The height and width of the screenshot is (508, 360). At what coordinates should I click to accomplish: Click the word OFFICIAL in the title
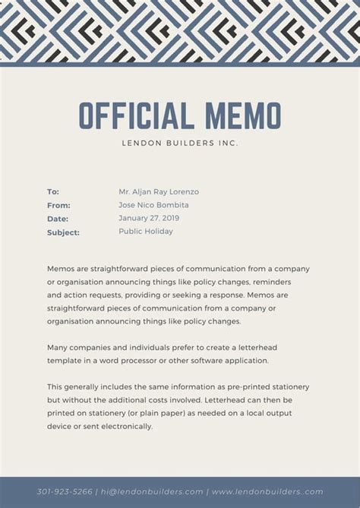(x=134, y=115)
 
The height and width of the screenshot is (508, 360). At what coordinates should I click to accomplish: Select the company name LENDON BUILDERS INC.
(x=180, y=143)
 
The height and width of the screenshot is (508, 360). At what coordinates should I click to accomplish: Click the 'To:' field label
(x=53, y=192)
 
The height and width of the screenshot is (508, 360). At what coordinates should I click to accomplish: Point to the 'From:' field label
(x=58, y=205)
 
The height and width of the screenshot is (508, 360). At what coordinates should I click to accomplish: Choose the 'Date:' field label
(x=58, y=219)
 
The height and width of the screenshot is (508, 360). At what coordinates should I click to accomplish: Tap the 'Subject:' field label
(x=63, y=232)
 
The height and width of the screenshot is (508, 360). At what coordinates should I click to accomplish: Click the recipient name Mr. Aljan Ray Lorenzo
(x=159, y=192)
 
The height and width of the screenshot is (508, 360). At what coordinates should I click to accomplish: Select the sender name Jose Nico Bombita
(x=153, y=205)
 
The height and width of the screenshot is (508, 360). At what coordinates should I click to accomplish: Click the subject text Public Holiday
(x=146, y=232)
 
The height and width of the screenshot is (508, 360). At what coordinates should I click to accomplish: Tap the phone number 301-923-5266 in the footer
(x=65, y=491)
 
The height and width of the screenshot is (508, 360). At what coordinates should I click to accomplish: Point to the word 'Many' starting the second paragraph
(x=58, y=347)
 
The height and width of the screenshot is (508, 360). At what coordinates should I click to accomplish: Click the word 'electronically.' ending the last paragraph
(x=126, y=426)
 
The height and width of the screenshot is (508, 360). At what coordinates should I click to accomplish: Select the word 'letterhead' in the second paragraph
(x=281, y=347)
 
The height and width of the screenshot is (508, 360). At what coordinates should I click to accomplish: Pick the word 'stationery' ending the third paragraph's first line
(x=289, y=387)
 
